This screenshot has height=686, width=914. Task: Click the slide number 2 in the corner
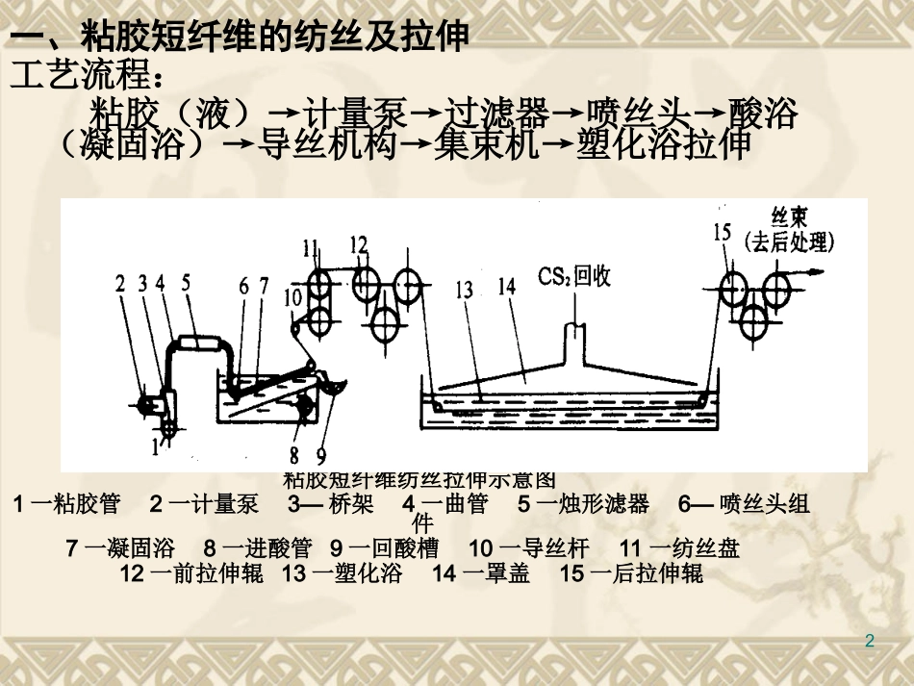[870, 641]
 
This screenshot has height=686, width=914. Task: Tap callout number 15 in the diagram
[724, 231]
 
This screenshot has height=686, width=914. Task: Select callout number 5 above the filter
[187, 282]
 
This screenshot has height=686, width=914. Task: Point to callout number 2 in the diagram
[120, 283]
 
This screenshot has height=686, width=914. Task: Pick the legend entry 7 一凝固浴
[120, 549]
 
